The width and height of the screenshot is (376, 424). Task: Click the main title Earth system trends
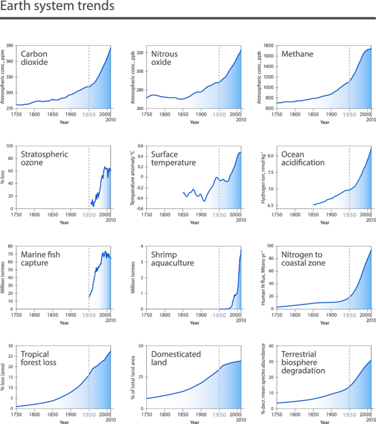(x=57, y=6)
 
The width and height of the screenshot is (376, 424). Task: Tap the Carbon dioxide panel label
(x=34, y=58)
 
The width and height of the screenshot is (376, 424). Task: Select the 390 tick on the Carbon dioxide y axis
(x=10, y=45)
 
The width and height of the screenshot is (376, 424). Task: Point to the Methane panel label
(x=297, y=54)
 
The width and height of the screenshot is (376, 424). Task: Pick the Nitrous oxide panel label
(x=164, y=58)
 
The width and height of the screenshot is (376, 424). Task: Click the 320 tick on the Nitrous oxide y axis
(x=140, y=53)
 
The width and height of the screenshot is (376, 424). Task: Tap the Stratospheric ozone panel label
(x=45, y=158)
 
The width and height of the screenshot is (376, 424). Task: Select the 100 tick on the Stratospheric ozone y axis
(x=10, y=146)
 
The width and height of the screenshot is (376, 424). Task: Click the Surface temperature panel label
(x=173, y=158)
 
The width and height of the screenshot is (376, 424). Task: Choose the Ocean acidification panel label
(x=303, y=158)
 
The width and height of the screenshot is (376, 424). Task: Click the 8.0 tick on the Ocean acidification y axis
(x=270, y=156)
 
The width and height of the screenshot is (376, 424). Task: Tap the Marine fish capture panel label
(x=40, y=259)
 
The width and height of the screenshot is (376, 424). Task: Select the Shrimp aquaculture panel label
(x=172, y=259)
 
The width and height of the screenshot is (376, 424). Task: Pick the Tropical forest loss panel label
(x=39, y=358)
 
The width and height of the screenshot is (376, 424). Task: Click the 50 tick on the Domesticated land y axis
(x=141, y=346)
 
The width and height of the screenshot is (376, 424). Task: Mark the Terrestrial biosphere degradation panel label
(x=303, y=362)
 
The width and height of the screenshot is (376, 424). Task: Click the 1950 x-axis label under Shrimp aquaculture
(x=219, y=315)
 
